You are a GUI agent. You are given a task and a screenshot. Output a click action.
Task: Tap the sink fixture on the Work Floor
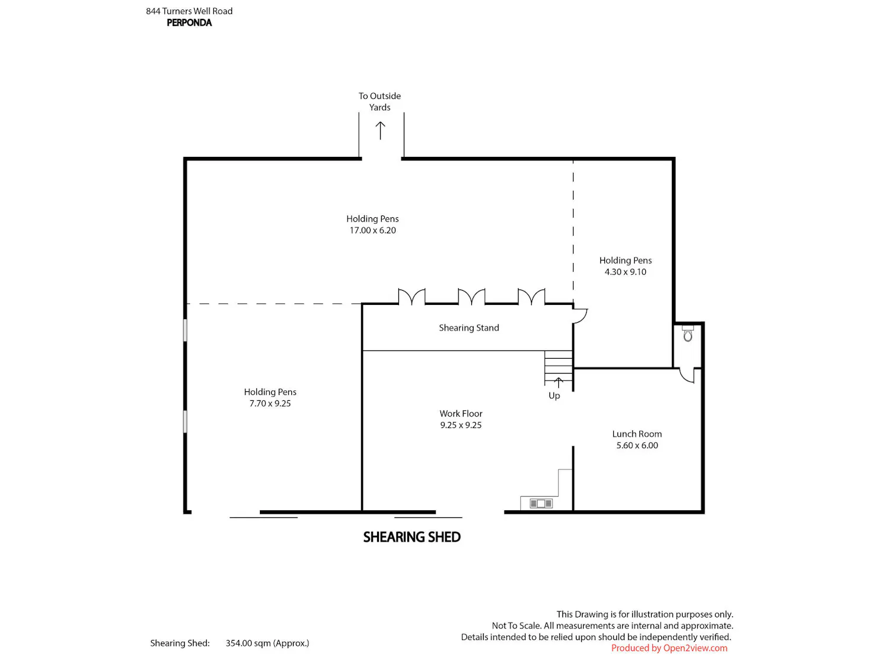coord(541,503)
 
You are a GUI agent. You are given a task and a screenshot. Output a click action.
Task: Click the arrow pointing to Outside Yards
coord(380,130)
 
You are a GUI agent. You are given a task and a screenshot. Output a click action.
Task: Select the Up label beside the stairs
coord(554,395)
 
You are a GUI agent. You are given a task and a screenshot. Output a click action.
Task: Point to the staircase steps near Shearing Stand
coord(558,367)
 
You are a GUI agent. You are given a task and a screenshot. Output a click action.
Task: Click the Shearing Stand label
coord(469,327)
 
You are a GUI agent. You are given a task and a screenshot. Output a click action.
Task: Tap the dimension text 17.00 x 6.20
coord(372,230)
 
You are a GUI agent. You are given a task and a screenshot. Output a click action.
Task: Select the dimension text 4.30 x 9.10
coord(625,272)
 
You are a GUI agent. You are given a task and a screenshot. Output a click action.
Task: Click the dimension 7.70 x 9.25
coord(270,403)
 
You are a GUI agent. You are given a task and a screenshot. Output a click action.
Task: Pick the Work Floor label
coord(461,413)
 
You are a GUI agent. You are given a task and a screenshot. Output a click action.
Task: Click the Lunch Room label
coord(637,434)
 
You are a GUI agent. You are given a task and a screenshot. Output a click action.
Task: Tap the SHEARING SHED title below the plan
coord(412,537)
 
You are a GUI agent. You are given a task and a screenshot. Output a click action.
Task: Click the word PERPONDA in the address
coord(189,22)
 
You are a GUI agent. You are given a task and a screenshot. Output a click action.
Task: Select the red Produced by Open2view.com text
coord(669,648)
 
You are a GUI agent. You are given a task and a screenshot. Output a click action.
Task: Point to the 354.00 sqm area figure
coord(267,643)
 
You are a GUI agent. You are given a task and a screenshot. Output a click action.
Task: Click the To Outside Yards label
coord(379,101)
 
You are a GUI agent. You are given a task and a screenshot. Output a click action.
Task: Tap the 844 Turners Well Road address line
coord(189,11)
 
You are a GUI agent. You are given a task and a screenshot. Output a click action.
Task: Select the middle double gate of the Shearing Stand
coord(471,297)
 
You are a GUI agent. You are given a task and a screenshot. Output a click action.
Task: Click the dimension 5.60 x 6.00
coord(637,445)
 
